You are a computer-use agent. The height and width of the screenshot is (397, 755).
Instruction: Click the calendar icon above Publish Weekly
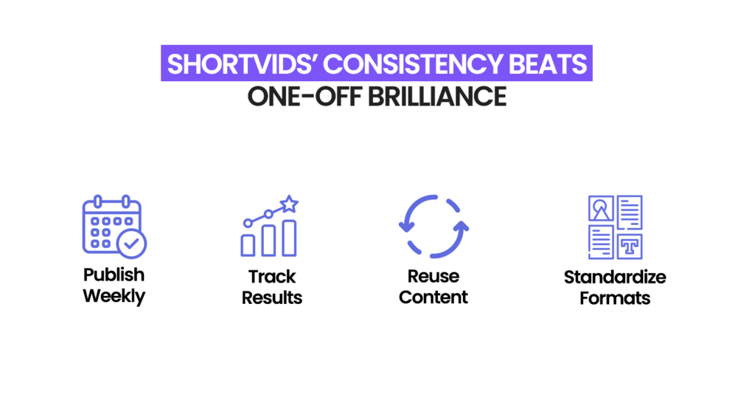point(111,225)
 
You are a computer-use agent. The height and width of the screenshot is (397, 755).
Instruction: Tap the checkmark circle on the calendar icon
point(133,242)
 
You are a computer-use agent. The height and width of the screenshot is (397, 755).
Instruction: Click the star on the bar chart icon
point(289,203)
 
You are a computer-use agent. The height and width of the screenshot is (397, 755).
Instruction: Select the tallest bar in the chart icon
point(289,237)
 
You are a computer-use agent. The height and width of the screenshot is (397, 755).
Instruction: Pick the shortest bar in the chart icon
point(248,245)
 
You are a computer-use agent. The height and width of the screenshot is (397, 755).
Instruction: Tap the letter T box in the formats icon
point(629,246)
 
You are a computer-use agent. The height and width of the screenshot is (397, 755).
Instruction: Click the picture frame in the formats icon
point(600,209)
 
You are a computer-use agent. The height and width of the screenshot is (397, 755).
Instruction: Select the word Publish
point(114,275)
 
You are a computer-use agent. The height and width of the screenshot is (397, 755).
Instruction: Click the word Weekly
point(114,297)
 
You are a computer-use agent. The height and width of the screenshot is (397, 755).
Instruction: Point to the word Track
point(271,277)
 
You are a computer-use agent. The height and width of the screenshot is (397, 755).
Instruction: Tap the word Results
point(271,297)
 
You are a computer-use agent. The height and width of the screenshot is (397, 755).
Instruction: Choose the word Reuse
point(434,277)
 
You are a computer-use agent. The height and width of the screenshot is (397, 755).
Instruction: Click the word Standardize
point(615,277)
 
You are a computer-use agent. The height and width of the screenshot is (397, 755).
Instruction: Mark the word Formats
point(615,298)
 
